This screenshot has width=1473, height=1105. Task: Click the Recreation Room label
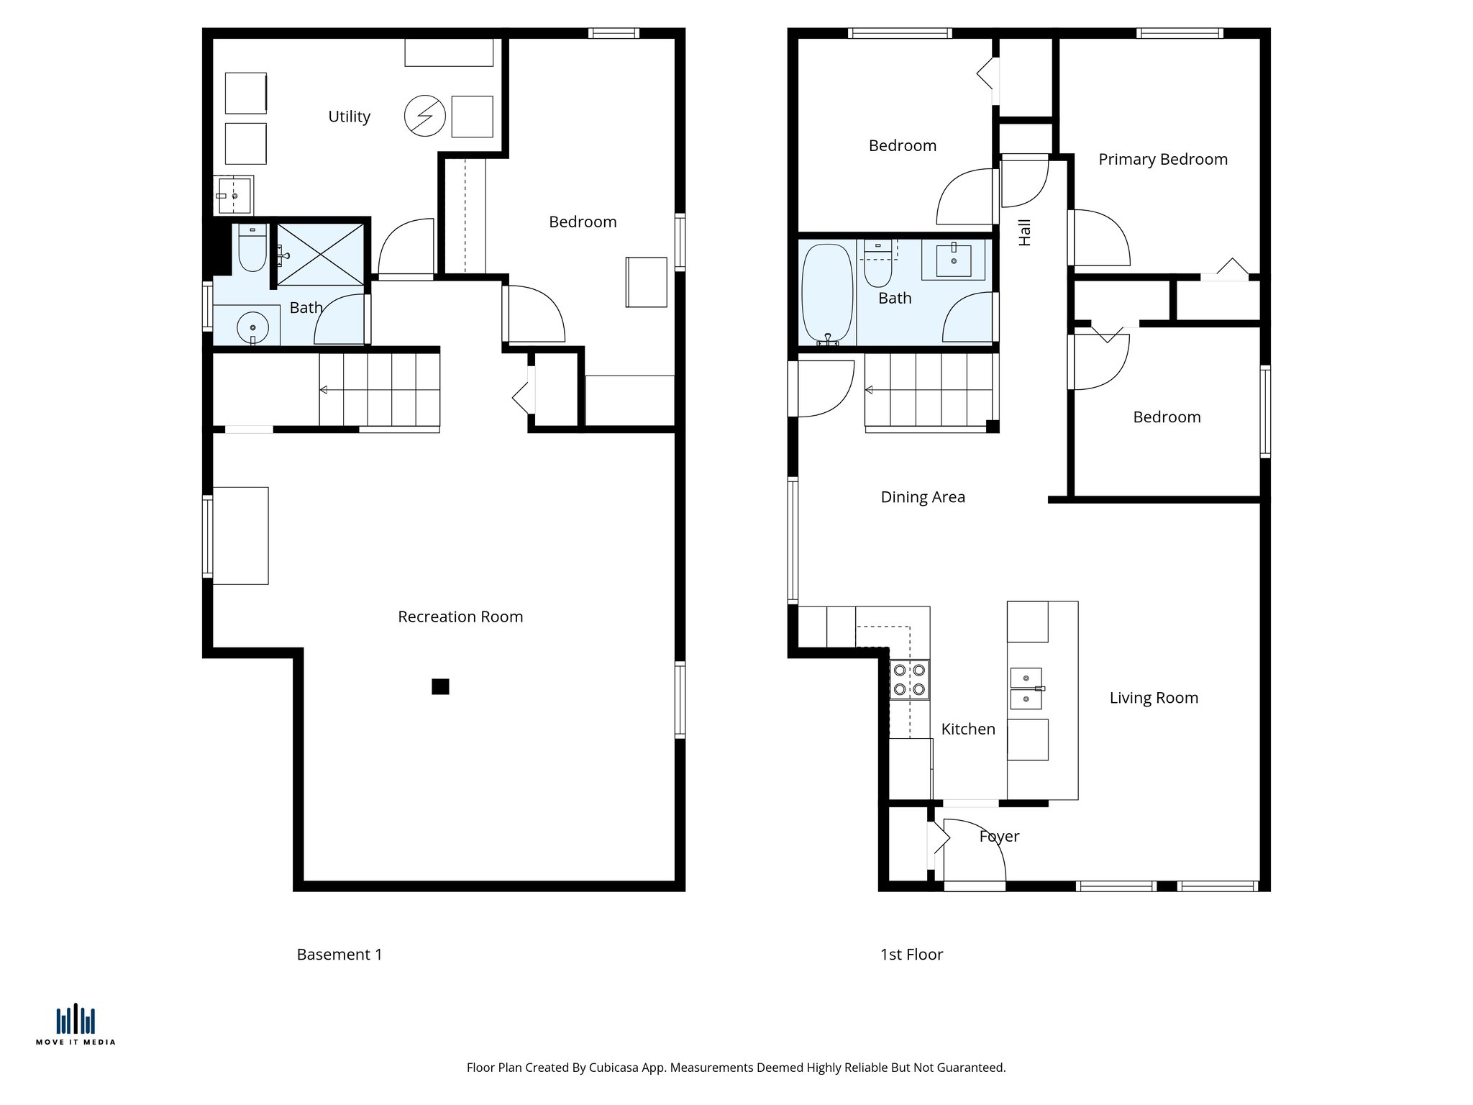[x=460, y=617]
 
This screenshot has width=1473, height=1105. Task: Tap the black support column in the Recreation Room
[x=440, y=686]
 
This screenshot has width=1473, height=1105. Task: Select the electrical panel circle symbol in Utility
[x=424, y=116]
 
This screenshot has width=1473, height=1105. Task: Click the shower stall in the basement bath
[x=320, y=255]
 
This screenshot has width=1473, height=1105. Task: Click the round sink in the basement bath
[x=252, y=327]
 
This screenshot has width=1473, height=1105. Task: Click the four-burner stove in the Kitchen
[x=909, y=680]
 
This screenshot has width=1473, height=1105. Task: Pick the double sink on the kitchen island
[x=1026, y=688]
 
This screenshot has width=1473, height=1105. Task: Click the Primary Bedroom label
[x=1163, y=159]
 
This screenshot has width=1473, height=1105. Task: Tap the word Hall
[x=1025, y=232]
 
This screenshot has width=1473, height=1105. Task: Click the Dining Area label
[x=923, y=497]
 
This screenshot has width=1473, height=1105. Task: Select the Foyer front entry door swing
[x=975, y=849]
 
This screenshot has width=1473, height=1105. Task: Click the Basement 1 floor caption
[x=339, y=955]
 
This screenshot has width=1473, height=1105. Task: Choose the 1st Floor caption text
[x=911, y=955]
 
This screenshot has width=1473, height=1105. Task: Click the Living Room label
[x=1154, y=698]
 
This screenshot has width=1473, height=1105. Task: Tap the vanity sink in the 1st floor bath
[x=954, y=259]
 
